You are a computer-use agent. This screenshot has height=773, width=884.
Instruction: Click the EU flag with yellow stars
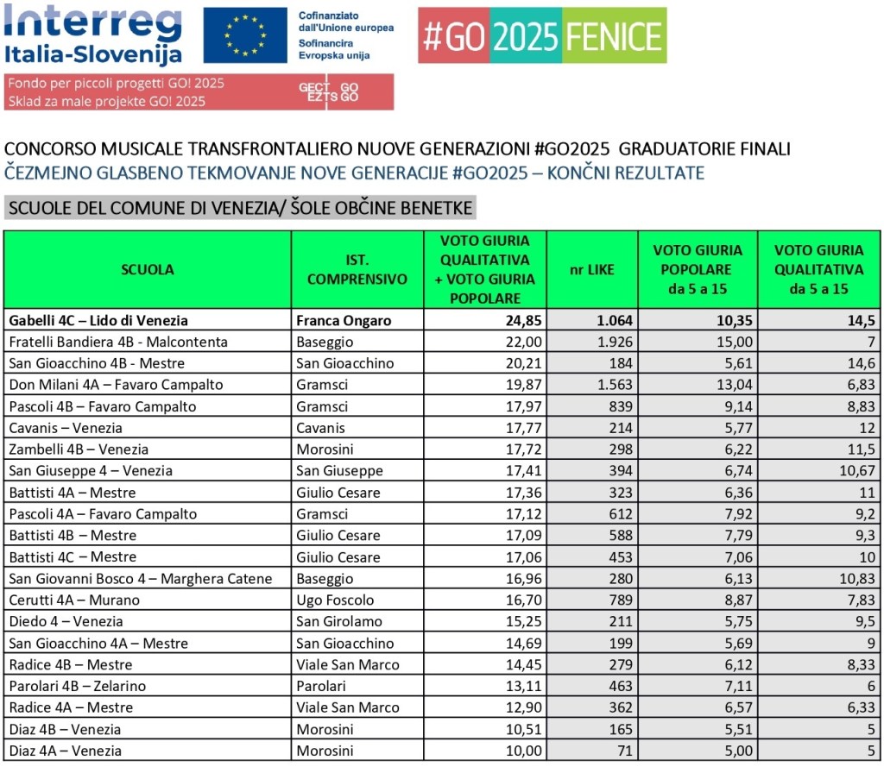click(245, 35)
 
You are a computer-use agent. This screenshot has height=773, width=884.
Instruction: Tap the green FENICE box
click(614, 35)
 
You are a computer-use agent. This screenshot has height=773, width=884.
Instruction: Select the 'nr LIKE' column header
click(593, 269)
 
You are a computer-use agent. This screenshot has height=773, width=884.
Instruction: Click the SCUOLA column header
click(148, 269)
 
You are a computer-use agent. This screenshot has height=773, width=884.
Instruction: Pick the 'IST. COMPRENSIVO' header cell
click(357, 269)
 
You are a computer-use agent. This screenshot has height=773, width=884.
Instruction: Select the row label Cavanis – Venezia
click(66, 428)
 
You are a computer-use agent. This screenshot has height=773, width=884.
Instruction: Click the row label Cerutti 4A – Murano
click(74, 600)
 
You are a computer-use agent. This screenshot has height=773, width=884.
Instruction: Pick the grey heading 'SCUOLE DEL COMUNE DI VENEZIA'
click(239, 208)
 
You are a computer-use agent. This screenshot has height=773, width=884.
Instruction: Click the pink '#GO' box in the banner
click(453, 35)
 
